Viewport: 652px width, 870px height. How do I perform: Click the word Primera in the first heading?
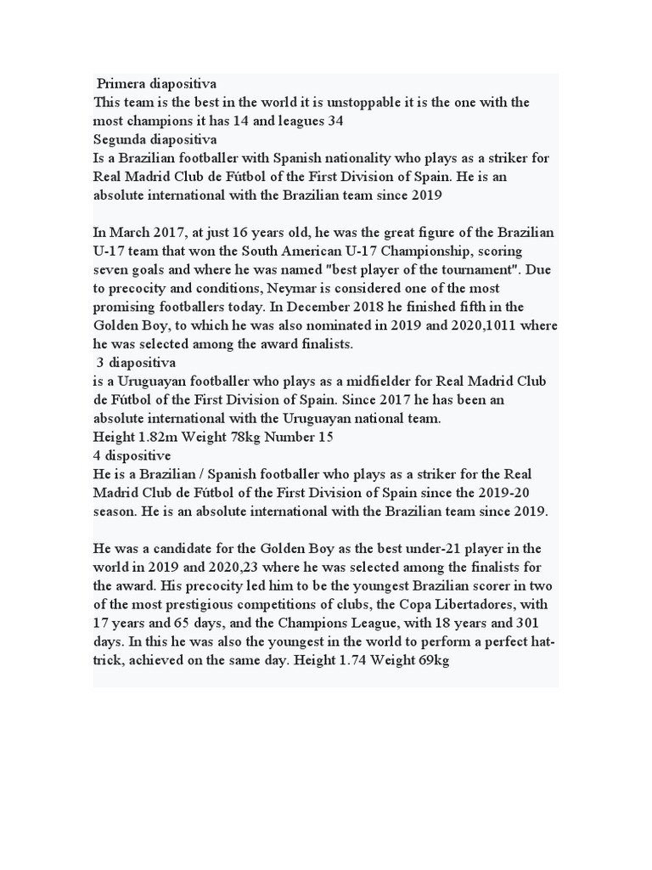[x=121, y=84]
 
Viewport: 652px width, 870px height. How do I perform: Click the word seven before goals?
[x=112, y=269]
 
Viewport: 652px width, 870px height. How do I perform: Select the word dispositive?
[x=138, y=455]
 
